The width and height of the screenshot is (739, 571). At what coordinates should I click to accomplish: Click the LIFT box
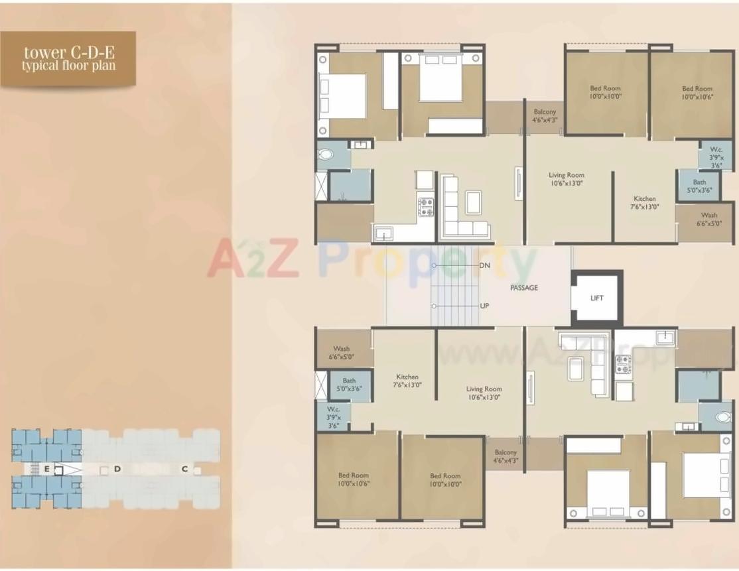[x=596, y=298]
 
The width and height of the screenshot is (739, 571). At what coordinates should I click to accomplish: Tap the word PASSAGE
[x=524, y=288]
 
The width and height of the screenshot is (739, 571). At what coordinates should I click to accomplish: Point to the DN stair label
[x=484, y=265]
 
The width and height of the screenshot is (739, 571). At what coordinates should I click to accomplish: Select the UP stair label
[x=484, y=306]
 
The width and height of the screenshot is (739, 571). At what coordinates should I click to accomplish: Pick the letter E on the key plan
[x=47, y=469]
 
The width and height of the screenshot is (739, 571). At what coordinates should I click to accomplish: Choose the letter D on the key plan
[x=117, y=469]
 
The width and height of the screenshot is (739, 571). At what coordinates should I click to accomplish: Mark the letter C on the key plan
[x=185, y=469]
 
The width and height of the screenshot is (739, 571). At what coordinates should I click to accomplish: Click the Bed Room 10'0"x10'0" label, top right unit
[x=605, y=92]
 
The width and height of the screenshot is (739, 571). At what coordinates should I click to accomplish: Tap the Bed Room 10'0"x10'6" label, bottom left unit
[x=353, y=479]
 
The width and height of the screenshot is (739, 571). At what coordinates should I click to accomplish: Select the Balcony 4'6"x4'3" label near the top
[x=545, y=116]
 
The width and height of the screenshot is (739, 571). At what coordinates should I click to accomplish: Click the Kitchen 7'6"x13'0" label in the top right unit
[x=644, y=202]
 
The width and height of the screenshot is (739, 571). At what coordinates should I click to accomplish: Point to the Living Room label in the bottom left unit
[x=484, y=393]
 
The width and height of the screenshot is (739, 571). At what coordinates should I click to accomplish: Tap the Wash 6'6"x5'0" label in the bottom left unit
[x=342, y=353]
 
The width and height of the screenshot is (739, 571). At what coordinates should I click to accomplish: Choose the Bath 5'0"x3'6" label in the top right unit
[x=699, y=186]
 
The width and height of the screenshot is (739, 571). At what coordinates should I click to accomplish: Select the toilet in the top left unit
[x=326, y=155]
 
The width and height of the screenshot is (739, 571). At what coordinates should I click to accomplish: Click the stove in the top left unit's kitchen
[x=425, y=207]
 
